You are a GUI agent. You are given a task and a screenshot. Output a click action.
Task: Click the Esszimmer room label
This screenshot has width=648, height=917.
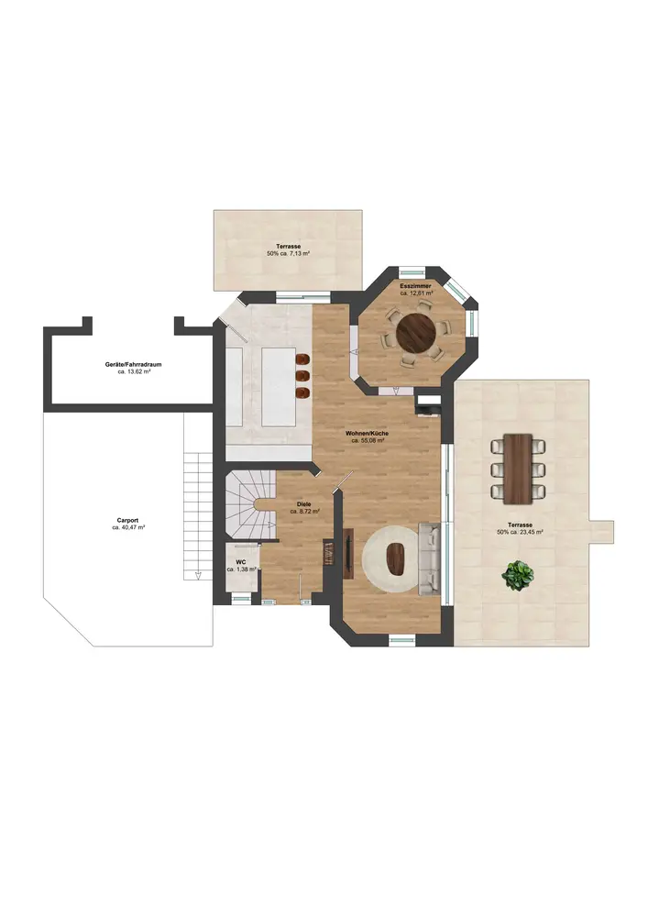(x=415, y=286)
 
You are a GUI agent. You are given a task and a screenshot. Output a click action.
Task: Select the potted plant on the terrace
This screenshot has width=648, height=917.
(x=517, y=576)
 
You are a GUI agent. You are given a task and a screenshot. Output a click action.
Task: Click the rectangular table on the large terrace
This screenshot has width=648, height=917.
(x=518, y=469)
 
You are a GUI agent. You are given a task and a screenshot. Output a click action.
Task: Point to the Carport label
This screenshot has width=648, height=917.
(x=127, y=520)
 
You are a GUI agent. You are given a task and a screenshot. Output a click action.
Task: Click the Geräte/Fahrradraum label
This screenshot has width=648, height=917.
(x=133, y=364)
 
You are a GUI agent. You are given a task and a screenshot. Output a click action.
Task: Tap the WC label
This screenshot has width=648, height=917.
(x=241, y=561)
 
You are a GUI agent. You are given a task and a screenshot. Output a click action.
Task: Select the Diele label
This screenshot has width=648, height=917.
(x=304, y=504)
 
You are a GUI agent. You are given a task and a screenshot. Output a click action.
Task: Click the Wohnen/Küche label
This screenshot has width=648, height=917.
(x=367, y=434)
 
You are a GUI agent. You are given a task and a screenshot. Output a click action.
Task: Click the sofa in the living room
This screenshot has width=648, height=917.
(x=430, y=559)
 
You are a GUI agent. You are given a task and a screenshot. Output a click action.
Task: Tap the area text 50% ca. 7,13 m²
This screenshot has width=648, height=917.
(x=288, y=254)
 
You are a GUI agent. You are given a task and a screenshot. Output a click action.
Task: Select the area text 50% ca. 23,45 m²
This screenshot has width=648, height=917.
(x=520, y=532)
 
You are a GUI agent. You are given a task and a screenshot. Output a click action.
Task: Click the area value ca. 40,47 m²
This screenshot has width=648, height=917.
(x=128, y=527)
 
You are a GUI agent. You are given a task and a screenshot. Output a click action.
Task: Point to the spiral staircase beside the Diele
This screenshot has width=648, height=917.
(x=250, y=504)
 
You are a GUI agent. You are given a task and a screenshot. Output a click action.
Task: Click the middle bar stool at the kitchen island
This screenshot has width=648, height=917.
(x=303, y=375)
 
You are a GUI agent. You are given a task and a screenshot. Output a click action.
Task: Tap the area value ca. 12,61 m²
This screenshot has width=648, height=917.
(x=417, y=293)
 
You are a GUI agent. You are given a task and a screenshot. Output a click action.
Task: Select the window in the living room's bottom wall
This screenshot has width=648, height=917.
(x=402, y=639)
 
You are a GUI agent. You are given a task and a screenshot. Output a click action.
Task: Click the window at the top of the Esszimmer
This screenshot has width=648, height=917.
(x=412, y=271)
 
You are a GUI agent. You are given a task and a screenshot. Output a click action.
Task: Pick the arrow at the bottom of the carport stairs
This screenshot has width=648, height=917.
(x=198, y=576)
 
